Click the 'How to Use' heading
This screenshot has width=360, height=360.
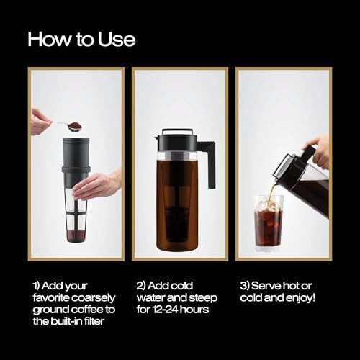pyautogui.click(x=81, y=39)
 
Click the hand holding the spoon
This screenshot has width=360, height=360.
pyautogui.click(x=40, y=121)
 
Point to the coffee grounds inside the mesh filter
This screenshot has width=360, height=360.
pyautogui.click(x=76, y=235)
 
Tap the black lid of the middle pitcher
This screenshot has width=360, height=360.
pyautogui.click(x=176, y=140)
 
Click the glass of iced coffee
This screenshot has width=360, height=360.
pyautogui.click(x=269, y=223)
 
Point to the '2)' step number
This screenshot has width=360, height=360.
pyautogui.click(x=141, y=286)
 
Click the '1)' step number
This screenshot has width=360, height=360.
pyautogui.click(x=37, y=286)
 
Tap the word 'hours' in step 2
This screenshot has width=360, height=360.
pyautogui.click(x=194, y=310)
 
